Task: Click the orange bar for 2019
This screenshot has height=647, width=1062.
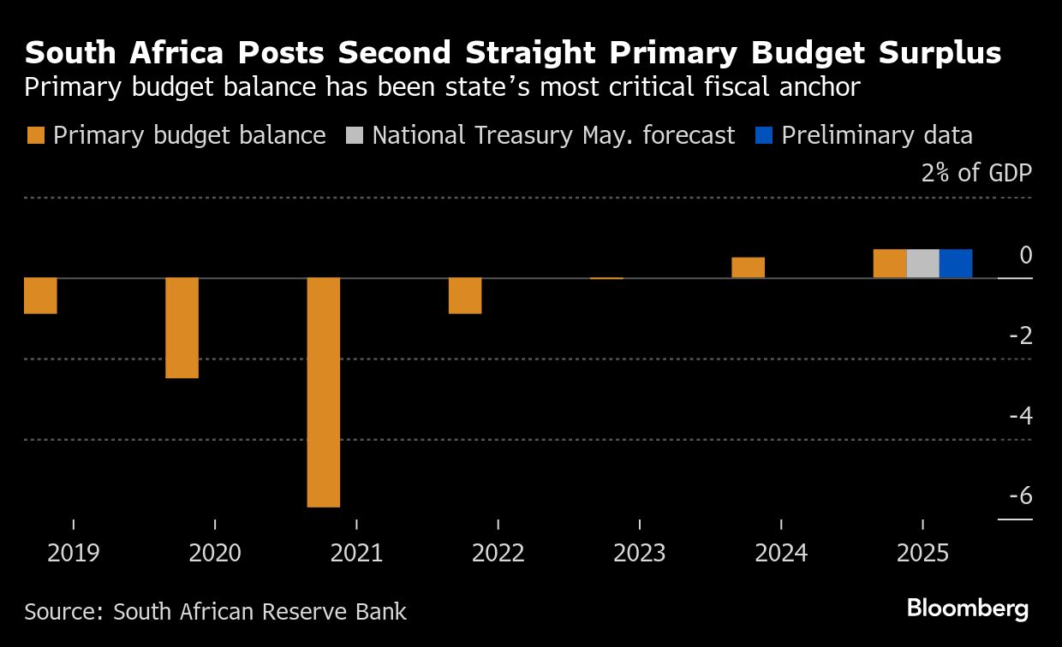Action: [x=40, y=296]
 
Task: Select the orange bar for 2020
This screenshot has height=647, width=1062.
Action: [x=182, y=328]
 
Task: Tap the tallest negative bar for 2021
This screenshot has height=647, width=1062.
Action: [x=324, y=392]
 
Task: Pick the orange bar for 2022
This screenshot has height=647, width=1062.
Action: [x=465, y=296]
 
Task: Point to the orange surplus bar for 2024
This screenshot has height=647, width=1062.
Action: [x=748, y=268]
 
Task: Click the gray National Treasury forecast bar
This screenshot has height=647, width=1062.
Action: [x=922, y=264]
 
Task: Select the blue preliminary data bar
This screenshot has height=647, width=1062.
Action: [x=956, y=264]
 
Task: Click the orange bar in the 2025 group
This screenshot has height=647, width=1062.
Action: [x=890, y=264]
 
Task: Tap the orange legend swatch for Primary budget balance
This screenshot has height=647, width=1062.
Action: [x=35, y=136]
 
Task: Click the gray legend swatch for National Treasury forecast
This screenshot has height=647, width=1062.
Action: [x=355, y=136]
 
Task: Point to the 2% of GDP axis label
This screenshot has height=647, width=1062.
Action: [x=976, y=174]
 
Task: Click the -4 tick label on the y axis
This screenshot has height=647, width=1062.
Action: [x=1020, y=416]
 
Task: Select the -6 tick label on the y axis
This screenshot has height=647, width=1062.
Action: [x=1020, y=496]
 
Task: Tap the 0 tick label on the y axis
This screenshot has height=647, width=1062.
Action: [x=1026, y=255]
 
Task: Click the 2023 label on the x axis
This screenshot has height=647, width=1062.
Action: [x=640, y=553]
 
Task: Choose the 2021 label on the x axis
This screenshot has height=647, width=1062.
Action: [x=356, y=553]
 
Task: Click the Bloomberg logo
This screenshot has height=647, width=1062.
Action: [x=968, y=609]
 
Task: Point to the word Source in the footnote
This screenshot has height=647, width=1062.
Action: [x=63, y=612]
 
